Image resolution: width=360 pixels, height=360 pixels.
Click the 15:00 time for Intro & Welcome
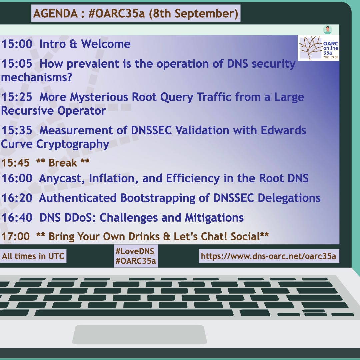(x=17, y=44)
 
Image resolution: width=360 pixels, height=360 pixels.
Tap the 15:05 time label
(x=17, y=64)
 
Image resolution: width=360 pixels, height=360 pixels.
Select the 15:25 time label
(x=17, y=97)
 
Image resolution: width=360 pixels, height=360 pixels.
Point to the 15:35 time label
(x=17, y=130)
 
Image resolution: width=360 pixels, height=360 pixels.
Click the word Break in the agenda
(x=63, y=163)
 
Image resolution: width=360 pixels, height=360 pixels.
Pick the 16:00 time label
(x=17, y=178)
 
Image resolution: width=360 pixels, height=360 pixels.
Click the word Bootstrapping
(x=158, y=198)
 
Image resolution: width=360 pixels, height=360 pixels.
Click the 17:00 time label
(x=16, y=236)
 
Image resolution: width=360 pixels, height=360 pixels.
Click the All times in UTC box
(x=33, y=256)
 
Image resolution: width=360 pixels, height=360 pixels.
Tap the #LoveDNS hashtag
(x=135, y=251)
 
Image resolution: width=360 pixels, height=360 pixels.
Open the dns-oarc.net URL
(x=269, y=256)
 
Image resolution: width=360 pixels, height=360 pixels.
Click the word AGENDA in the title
(x=56, y=14)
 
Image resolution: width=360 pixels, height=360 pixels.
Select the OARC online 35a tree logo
(x=318, y=48)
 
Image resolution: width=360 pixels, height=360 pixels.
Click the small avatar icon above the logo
(x=327, y=30)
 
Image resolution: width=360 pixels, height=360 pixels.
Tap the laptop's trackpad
(x=140, y=334)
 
